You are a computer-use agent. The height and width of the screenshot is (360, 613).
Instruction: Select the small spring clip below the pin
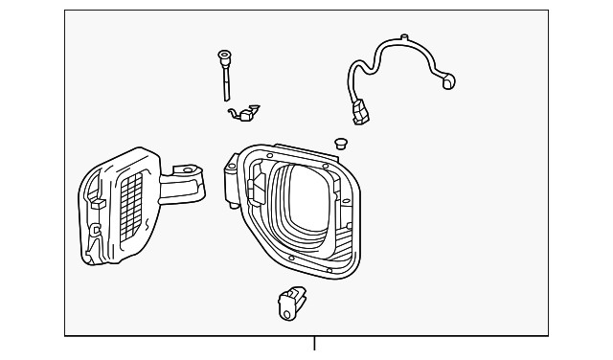[243, 115]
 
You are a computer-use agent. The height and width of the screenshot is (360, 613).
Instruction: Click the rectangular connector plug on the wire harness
[361, 113]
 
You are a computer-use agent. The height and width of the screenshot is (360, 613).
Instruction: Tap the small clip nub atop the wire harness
[402, 38]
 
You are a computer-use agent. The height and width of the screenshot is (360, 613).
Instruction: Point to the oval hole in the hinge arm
[185, 172]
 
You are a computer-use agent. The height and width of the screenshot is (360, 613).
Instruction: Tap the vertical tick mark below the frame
[314, 344]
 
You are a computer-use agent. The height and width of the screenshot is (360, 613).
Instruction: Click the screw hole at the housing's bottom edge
[329, 271]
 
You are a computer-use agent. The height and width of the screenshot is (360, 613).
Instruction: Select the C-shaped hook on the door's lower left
[94, 230]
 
